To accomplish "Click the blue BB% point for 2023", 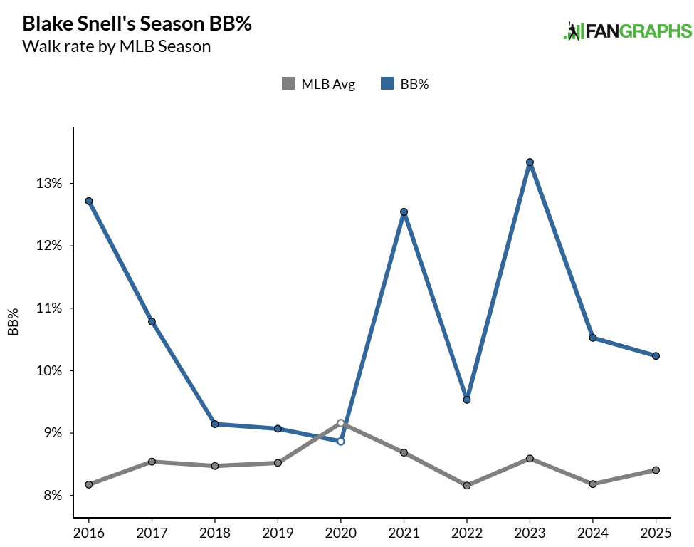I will (530, 162).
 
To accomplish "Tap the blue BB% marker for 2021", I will (404, 212).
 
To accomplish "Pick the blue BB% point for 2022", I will (467, 400).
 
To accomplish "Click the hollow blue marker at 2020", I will (341, 441).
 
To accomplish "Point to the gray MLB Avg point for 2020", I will (341, 423).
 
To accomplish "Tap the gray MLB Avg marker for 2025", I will (656, 470).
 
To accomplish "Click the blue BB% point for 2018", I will (215, 424).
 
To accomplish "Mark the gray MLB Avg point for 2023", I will (530, 458).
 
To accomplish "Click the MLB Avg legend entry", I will (318, 84).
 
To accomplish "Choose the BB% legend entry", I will (405, 84).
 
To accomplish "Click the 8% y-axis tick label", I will (53, 496).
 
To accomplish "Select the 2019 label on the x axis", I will (278, 532).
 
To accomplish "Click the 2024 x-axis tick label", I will (592, 532).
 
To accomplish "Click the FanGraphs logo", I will (627, 31).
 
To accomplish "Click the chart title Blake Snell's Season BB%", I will (137, 24).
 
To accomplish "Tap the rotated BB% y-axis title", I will (13, 322).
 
